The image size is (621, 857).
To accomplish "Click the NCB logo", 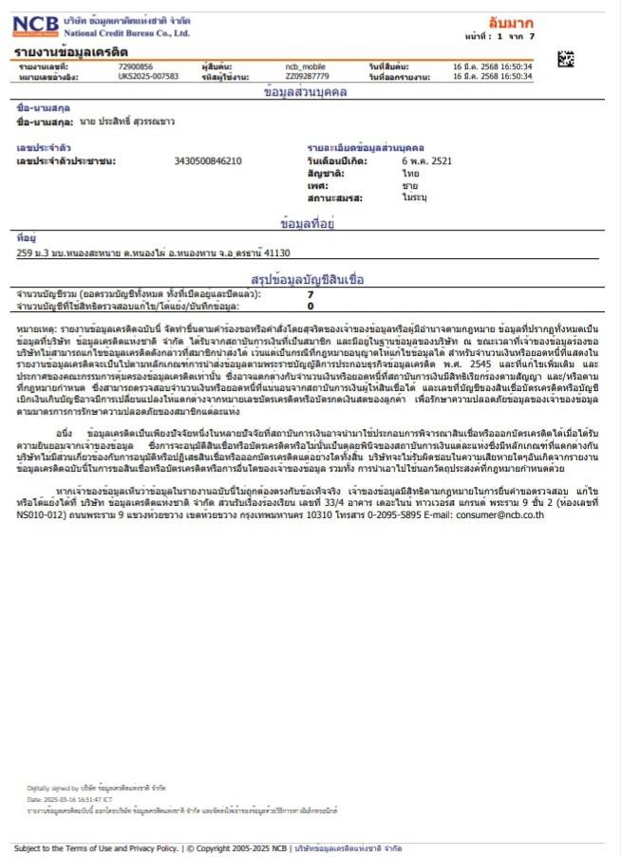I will coord(36,25).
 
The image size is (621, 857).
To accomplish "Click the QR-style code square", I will coord(566,59).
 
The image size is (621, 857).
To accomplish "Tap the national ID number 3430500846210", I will coord(208,161).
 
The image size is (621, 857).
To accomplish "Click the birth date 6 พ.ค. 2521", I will coord(426,161).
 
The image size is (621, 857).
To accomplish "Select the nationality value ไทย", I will coord(410,175).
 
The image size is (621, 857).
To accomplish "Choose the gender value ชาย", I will coord(410,187).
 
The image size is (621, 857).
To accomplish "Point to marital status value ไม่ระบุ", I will coord(415,199).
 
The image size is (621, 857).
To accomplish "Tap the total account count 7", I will coord(310,295).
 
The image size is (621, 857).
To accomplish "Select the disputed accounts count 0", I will coord(310,307).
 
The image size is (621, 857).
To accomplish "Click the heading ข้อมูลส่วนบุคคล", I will coord(310,92).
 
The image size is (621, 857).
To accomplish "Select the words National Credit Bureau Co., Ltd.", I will coord(127,33).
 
